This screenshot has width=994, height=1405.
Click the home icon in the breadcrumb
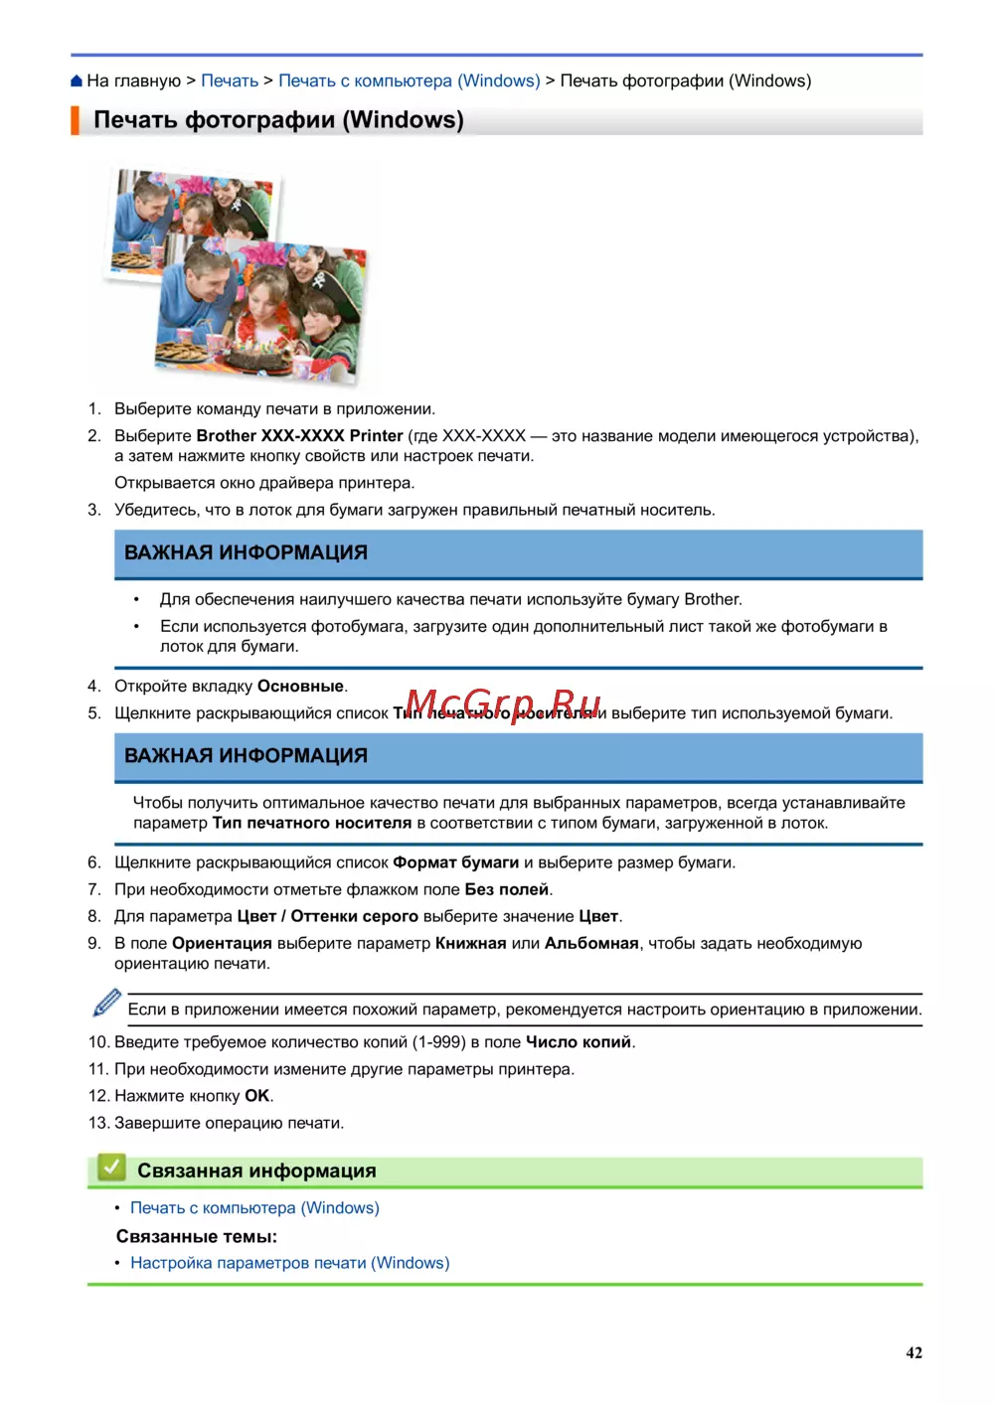77,81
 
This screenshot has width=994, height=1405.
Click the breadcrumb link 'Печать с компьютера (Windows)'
409,81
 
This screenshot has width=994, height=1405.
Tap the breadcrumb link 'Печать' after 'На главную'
230,81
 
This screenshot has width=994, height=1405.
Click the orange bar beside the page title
75,120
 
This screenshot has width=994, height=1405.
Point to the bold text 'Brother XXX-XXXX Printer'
299,436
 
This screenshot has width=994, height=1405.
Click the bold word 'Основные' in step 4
300,687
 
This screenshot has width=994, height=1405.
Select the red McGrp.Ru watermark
503,703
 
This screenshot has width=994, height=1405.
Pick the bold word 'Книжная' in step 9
470,944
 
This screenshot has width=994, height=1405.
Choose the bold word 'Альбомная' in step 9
590,944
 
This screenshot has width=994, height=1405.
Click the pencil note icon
106,1003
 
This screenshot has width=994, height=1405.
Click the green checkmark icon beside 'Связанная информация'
111,1168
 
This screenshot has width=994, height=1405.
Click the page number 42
913,1353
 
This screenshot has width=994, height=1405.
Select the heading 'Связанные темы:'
196,1237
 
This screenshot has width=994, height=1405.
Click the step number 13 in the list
97,1124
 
